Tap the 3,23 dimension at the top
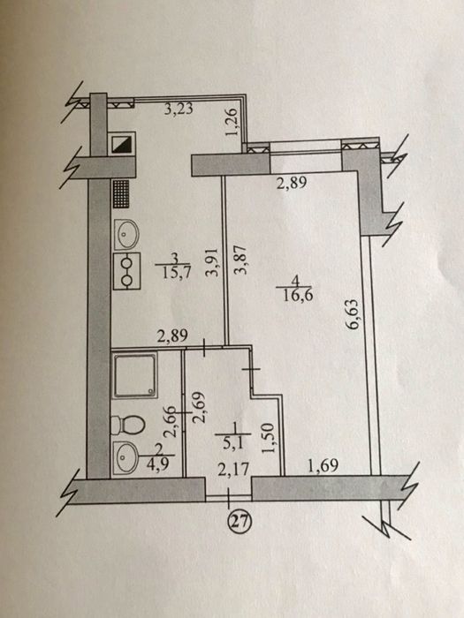tap(179, 109)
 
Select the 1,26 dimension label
tap(232, 122)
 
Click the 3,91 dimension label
tap(213, 263)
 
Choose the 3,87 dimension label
tap(240, 260)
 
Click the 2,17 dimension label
tap(234, 469)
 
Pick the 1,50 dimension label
tap(268, 438)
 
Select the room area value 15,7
tap(176, 272)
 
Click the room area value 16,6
tap(299, 294)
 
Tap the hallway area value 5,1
tap(233, 444)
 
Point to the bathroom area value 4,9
tap(158, 463)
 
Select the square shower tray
tap(135, 375)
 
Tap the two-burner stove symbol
tap(126, 271)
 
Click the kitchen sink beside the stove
tap(126, 234)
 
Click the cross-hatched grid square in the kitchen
tap(121, 194)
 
